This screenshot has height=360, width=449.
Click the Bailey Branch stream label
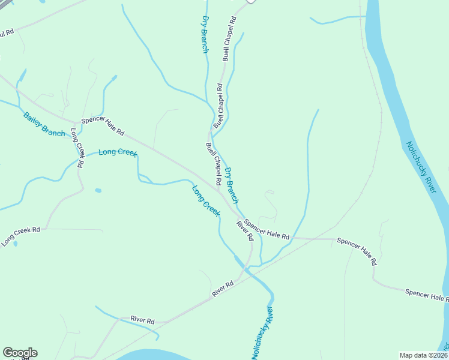44,124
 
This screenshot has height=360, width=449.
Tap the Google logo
20,353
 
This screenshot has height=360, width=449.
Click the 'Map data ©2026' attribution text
423,355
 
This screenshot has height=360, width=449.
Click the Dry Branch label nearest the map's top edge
205,34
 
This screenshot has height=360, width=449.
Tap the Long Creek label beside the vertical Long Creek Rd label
118,152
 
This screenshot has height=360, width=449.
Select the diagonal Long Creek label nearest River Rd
206,201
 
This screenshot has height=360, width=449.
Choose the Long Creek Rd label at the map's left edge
20,236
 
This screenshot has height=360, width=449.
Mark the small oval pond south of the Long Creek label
98,191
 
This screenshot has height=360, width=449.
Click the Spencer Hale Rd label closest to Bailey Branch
103,125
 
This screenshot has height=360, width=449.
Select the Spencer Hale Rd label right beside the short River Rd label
267,229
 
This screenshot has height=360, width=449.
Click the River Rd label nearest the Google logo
142,321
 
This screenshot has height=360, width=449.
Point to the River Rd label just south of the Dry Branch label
245,231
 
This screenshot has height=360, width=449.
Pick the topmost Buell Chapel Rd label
229,38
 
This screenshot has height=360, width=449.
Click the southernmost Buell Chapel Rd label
214,164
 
